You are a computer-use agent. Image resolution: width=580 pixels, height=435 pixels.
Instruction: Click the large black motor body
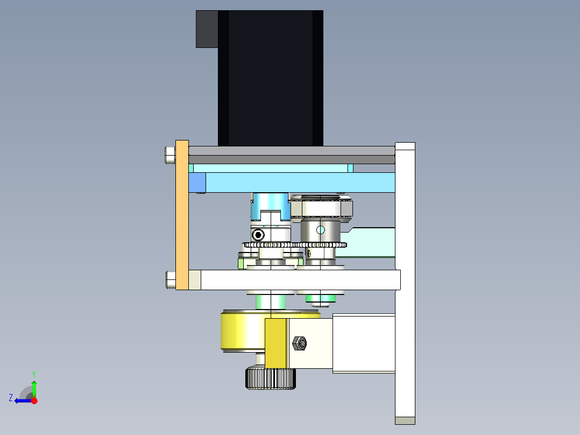(x=271, y=78)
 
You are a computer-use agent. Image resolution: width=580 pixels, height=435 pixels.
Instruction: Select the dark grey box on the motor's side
(x=207, y=29)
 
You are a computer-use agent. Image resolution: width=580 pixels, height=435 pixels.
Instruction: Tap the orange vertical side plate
(x=182, y=215)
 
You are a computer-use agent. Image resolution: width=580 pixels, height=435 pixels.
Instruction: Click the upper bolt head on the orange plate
(x=170, y=155)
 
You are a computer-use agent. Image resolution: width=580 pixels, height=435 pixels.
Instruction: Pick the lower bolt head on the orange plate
(x=171, y=280)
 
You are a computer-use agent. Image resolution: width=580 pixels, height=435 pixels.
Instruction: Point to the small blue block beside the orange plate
(x=197, y=183)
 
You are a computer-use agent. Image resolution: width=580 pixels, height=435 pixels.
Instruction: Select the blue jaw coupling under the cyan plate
(x=271, y=208)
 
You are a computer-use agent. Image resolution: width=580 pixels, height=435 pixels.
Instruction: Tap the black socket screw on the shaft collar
(x=258, y=235)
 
